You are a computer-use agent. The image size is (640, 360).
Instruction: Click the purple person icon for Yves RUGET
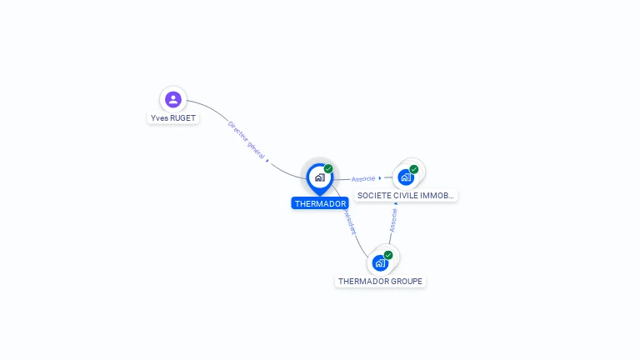point(173,100)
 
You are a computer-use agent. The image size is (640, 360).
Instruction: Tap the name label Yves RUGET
point(173,118)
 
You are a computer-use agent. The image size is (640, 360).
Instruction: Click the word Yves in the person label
point(159,118)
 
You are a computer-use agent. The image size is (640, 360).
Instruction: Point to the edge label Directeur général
point(246,139)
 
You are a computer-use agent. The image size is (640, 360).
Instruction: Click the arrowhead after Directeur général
point(267,160)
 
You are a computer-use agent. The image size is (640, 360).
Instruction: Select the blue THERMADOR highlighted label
point(320,203)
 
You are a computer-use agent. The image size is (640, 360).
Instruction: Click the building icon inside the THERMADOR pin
point(319,177)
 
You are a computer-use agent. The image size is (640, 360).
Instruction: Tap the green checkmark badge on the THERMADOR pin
point(328,169)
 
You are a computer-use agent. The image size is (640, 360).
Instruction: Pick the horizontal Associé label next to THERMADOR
point(363,178)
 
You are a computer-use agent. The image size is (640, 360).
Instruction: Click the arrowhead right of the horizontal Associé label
point(380,177)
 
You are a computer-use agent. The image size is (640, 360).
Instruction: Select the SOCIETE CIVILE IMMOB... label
point(406,196)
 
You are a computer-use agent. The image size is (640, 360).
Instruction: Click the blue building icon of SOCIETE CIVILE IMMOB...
point(405,177)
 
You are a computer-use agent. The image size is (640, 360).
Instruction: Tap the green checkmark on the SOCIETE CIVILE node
point(414,169)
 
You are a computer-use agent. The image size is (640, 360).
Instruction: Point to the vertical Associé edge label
point(393,218)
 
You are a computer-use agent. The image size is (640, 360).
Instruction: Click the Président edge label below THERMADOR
point(348,222)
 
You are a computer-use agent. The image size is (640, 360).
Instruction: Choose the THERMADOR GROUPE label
point(380,282)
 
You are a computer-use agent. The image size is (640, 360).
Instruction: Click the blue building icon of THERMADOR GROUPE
point(380,263)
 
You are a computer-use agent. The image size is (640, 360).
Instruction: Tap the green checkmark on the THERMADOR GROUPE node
point(388,255)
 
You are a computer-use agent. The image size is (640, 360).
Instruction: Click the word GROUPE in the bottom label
point(406,282)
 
